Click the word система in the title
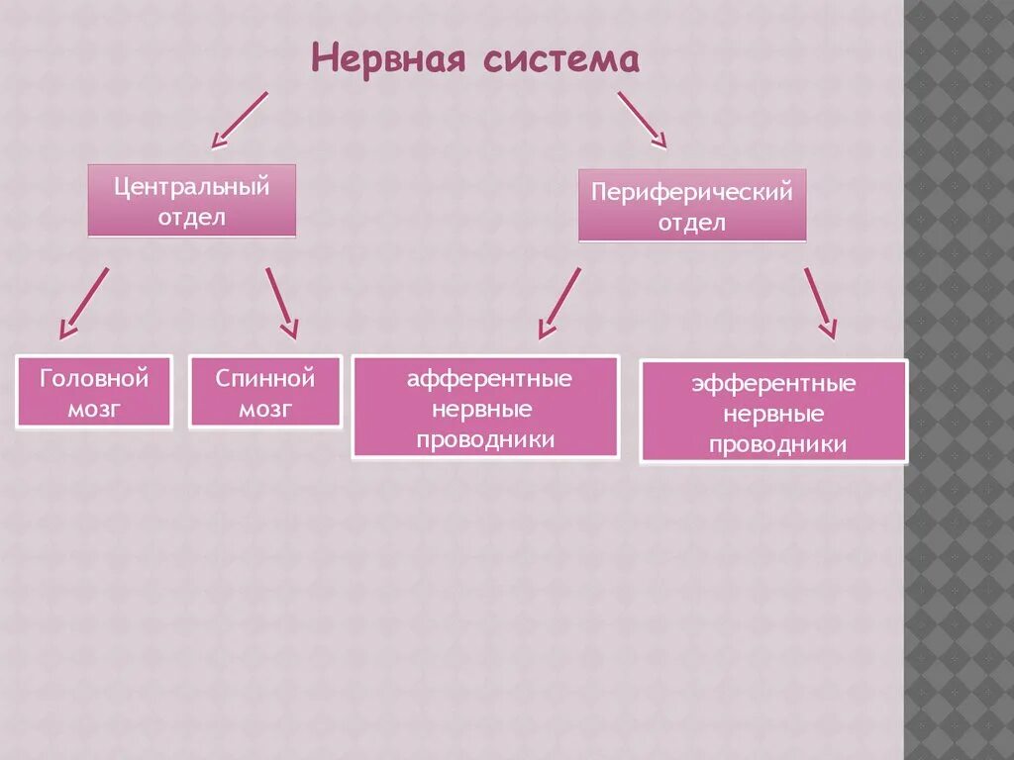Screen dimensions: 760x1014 [561, 58]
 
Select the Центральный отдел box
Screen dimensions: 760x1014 [192, 201]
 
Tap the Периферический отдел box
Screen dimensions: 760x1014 [692, 206]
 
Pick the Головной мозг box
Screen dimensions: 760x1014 [94, 392]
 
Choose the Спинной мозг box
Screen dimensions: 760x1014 [265, 392]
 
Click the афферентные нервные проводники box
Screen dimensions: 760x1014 [485, 408]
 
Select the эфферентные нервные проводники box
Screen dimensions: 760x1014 [773, 412]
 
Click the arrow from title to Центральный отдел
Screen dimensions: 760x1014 [239, 120]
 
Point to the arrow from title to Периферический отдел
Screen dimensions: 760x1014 [642, 120]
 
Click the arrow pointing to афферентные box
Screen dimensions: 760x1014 [560, 304]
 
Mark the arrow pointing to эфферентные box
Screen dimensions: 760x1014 [820, 303]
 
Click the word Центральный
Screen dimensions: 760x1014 [192, 185]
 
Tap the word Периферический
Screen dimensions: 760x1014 [692, 192]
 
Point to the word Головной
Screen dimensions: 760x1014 [94, 378]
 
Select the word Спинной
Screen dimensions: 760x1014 [265, 378]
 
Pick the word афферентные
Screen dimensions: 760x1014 [489, 379]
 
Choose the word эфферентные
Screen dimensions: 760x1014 [773, 384]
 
